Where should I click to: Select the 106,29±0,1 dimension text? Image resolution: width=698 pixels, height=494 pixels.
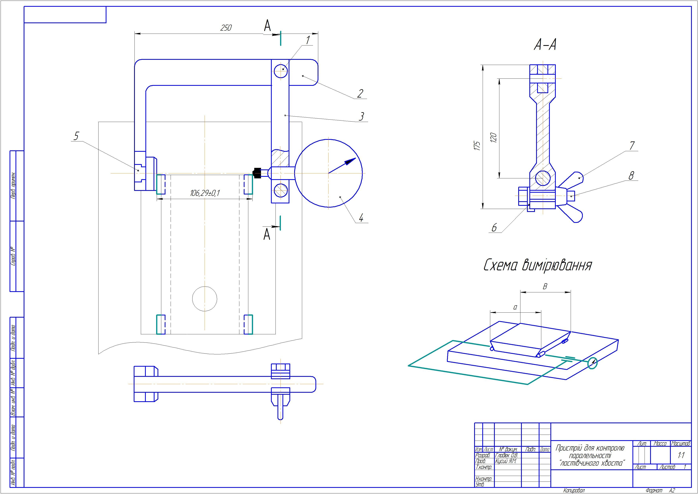pos(205,193)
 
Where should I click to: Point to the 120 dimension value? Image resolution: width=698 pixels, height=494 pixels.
pos(494,137)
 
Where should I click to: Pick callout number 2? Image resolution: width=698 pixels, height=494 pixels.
pos(360,93)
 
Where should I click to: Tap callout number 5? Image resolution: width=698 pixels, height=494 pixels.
pos(76,136)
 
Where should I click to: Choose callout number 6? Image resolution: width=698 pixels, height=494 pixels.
pos(494,227)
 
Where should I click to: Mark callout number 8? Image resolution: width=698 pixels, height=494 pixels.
pos(631,176)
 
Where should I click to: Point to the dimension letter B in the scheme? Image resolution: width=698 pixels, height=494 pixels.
pos(545,287)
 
